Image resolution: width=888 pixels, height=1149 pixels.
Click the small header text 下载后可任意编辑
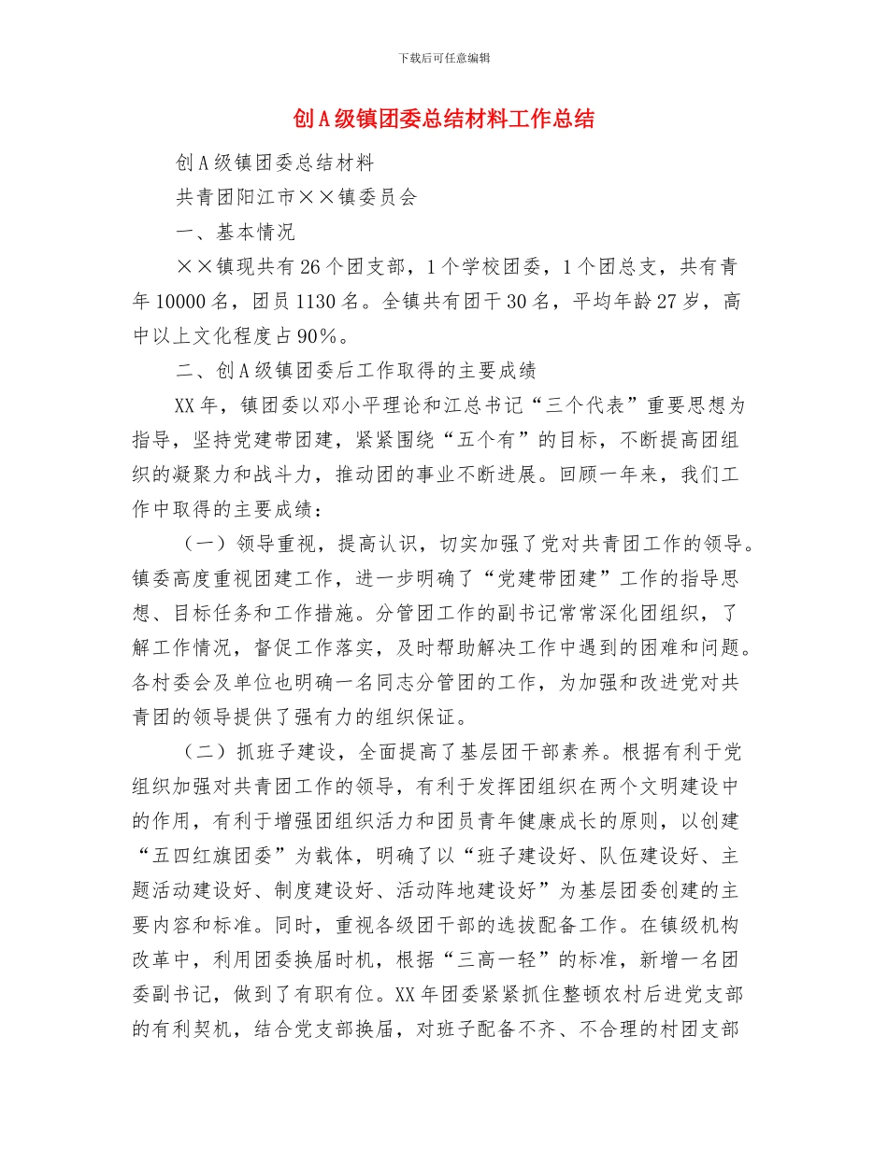pyautogui.click(x=444, y=58)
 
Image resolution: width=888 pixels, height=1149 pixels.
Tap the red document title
pyautogui.click(x=444, y=120)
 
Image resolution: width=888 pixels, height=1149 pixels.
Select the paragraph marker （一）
pyautogui.click(x=198, y=544)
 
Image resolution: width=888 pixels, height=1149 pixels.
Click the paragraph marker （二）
pyautogui.click(x=198, y=752)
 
